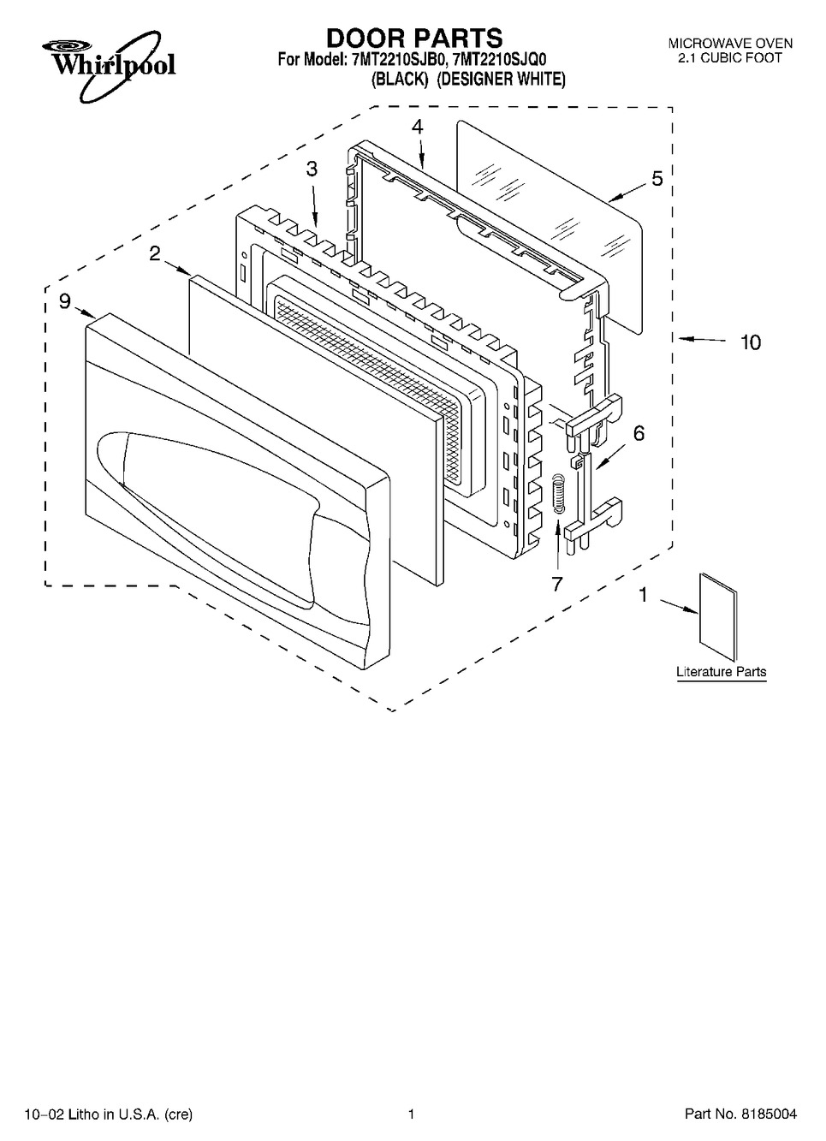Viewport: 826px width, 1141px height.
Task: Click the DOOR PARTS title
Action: point(414,38)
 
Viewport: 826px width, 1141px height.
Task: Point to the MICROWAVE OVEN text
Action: point(729,43)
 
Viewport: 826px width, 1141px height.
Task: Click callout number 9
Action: point(65,300)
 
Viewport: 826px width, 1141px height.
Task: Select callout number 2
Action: point(155,253)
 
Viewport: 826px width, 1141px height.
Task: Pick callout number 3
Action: point(312,169)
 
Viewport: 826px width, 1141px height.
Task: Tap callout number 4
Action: point(417,127)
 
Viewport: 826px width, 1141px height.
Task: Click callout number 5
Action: point(657,179)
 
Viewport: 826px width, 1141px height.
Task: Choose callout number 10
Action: point(750,342)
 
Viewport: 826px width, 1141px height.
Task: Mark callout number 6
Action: point(639,434)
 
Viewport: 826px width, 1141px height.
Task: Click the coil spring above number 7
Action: point(559,495)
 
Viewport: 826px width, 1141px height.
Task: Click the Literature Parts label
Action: point(721,672)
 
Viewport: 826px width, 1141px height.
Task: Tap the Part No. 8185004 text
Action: point(740,1114)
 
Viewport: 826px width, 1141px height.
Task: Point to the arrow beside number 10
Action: point(702,341)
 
